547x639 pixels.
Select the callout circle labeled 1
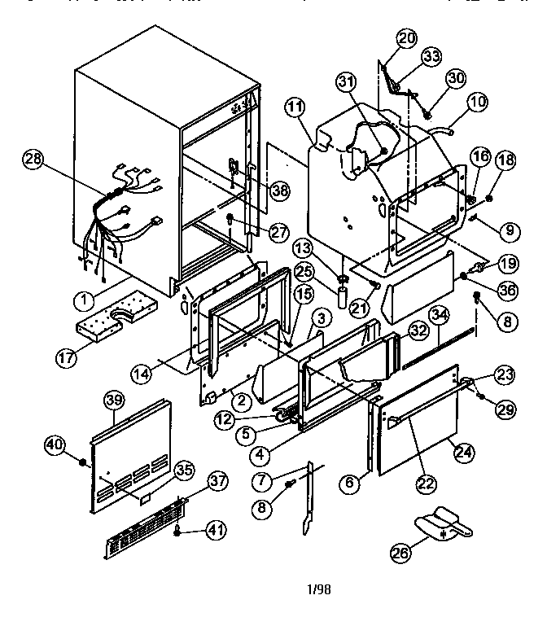(x=82, y=300)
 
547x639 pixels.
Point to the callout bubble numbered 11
(x=294, y=107)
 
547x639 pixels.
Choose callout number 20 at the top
(x=406, y=38)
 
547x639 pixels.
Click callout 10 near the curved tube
(x=477, y=102)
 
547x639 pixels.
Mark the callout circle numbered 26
(x=400, y=554)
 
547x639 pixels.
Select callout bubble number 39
(x=114, y=400)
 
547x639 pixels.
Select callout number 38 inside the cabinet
(x=280, y=190)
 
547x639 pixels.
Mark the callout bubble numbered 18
(x=505, y=160)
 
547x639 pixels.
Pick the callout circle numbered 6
(x=351, y=483)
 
